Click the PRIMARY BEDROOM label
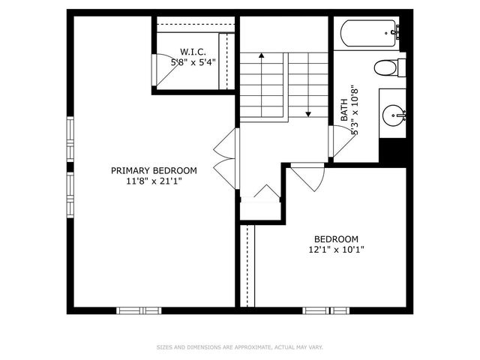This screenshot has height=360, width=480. pyautogui.click(x=154, y=170)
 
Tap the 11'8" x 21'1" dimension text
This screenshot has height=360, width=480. pyautogui.click(x=154, y=181)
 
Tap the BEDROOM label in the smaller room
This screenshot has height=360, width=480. pyautogui.click(x=336, y=238)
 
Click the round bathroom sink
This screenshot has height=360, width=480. pyautogui.click(x=393, y=115)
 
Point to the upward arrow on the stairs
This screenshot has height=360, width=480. pyautogui.click(x=261, y=56)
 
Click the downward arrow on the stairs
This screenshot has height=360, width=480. pyautogui.click(x=307, y=112)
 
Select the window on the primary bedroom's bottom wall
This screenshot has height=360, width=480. pyautogui.click(x=139, y=310)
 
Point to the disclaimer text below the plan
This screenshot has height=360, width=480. pyautogui.click(x=240, y=347)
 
